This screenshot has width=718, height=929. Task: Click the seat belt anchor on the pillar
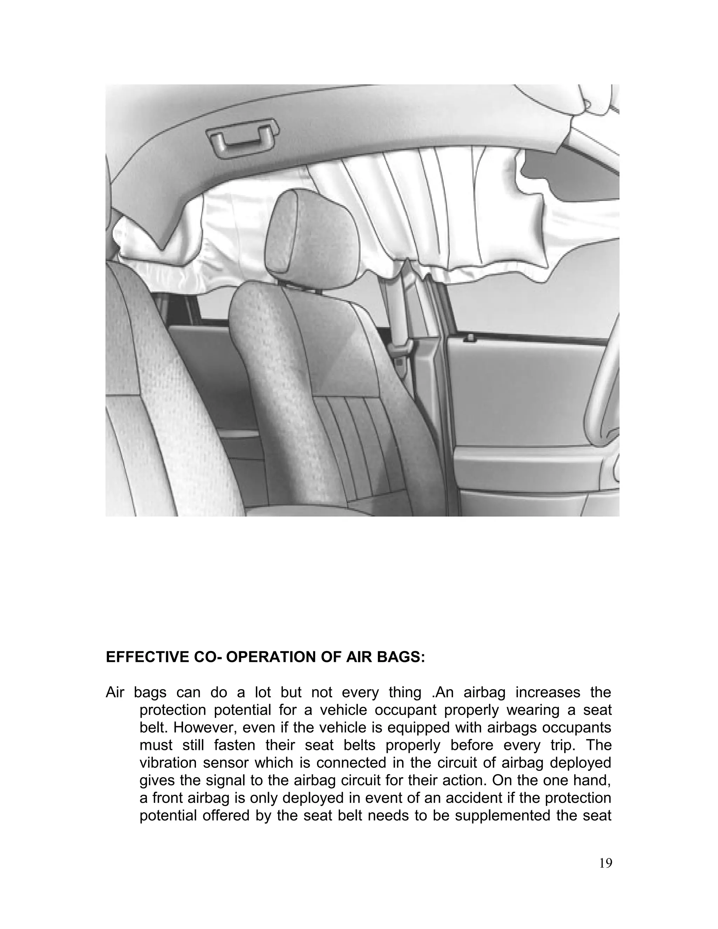(401, 350)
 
